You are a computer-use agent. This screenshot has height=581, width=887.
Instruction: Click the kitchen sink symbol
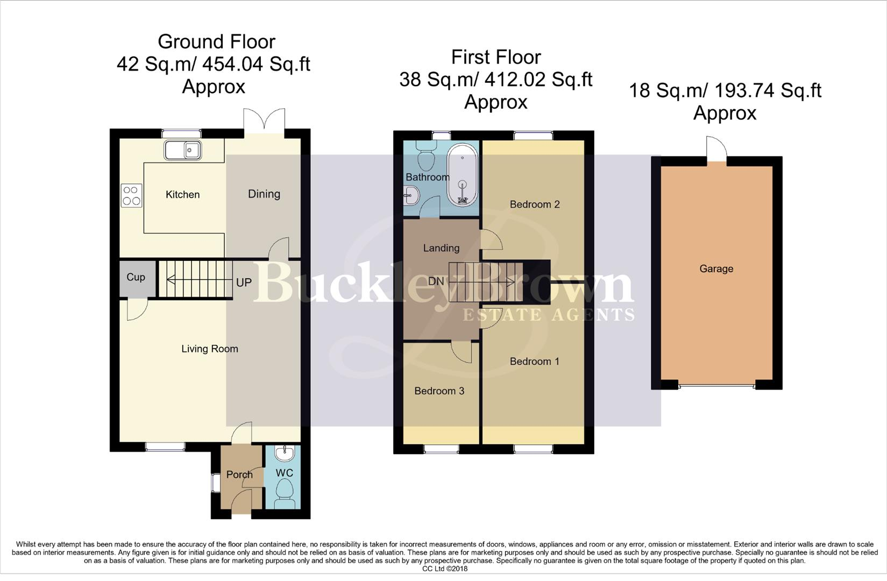182,150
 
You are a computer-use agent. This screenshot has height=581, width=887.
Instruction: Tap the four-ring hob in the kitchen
132,195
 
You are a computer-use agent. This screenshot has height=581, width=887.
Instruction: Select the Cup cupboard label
136,277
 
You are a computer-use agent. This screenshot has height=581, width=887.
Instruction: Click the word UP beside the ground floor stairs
244,282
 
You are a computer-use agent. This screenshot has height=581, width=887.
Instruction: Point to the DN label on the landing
436,281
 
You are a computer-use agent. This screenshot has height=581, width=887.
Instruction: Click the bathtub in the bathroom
462,175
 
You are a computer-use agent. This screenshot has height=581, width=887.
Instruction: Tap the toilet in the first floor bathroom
427,156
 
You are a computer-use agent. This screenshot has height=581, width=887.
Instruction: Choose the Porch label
239,474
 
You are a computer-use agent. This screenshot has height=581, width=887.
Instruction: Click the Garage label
716,268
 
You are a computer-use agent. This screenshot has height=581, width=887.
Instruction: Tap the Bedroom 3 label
439,391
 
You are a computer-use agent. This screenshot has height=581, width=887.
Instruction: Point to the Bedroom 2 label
534,204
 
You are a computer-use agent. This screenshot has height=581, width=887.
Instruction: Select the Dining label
264,194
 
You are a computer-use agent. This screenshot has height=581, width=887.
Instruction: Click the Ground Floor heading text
216,41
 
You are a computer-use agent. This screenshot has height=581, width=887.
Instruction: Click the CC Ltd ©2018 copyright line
444,569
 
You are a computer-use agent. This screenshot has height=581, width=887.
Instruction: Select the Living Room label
209,349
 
